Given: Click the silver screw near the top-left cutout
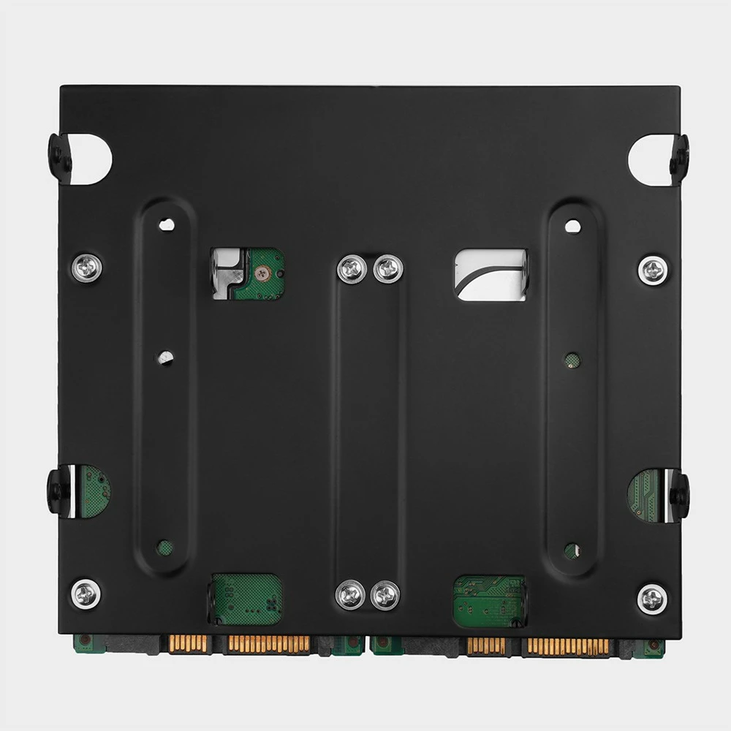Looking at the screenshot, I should pos(86,268).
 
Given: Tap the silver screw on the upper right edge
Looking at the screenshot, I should pos(652,270).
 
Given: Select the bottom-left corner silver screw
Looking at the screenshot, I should pos(86,593).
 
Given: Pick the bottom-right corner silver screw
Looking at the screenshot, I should pos(651,599).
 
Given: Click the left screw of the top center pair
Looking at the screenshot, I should pos(352,269).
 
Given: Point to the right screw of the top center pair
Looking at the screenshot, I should pos(387,269).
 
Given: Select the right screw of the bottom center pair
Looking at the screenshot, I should pos(385,595).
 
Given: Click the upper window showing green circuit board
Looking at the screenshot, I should pos(247,274).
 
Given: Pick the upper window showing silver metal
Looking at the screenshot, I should pos(490,274).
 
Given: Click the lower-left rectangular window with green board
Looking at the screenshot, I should pos(246,599).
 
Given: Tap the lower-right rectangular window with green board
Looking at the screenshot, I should pos(489,602).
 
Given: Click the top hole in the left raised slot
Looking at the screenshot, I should pos(167,224).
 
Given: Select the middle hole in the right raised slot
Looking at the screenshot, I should pos(572,360).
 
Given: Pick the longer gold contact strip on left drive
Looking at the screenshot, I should pos(268,644).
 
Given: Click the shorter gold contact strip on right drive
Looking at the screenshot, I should pos(486,646).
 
